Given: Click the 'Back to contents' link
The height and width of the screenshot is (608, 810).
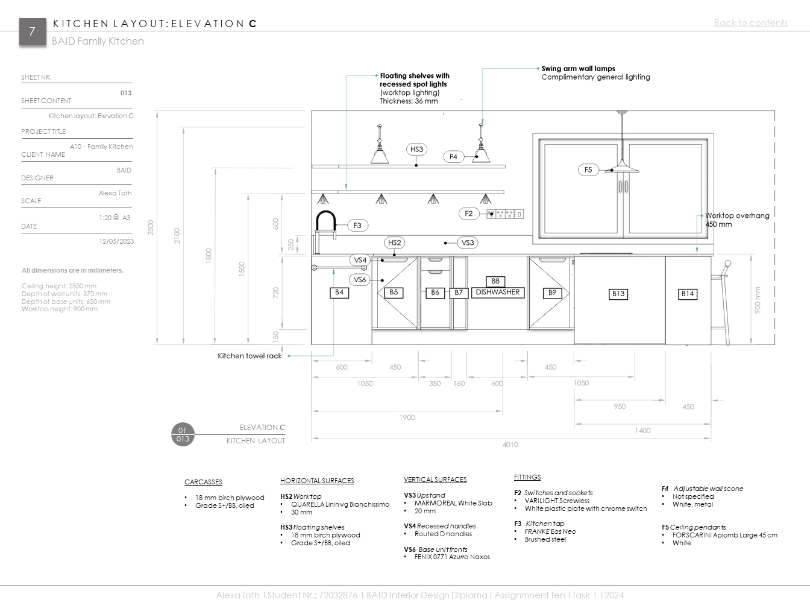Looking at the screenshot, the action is [750, 23].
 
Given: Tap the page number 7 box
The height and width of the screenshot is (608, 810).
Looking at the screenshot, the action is [33, 31].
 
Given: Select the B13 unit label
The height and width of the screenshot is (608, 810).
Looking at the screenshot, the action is [618, 294].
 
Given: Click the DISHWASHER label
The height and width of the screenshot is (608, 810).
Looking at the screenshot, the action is [497, 293].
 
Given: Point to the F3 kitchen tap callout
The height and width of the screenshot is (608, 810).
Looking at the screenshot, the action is [357, 226].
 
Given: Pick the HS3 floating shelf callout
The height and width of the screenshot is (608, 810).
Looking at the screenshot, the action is [416, 150].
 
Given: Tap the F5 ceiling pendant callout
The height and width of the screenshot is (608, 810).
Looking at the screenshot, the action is [588, 170].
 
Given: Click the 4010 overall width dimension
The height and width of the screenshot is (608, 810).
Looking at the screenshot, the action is [510, 445].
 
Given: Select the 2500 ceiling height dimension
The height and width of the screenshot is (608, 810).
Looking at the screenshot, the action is [151, 227].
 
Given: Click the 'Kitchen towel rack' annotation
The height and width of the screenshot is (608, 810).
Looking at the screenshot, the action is [250, 356].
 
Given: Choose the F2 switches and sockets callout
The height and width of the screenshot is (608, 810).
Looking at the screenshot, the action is [469, 214].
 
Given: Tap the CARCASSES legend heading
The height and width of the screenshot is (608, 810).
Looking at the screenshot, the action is [203, 482].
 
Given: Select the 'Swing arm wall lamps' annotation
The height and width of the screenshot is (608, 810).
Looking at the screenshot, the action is [578, 69].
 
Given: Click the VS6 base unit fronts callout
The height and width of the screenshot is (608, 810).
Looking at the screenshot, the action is [360, 280].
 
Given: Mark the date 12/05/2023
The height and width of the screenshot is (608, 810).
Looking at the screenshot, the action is [116, 241].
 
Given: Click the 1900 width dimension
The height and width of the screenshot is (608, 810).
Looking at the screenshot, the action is [407, 417].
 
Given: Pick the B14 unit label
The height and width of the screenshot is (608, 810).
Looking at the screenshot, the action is [688, 294].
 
